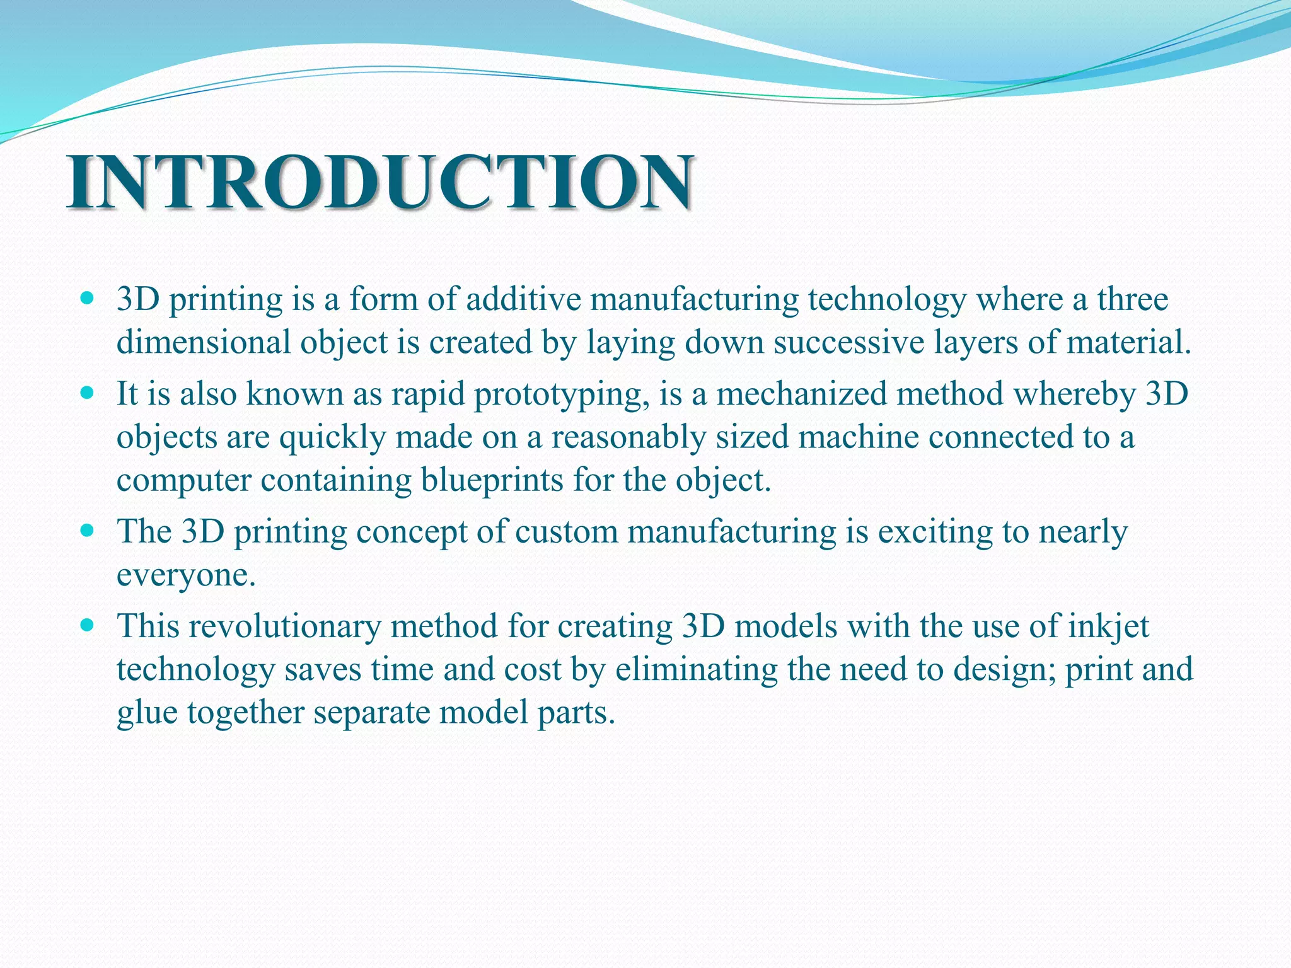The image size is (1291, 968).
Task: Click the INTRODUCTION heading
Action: pos(380,183)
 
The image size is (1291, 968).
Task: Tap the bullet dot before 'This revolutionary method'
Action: pos(88,626)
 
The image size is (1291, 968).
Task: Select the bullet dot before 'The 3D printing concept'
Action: pos(88,531)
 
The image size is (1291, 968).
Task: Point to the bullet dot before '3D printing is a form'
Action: pos(88,299)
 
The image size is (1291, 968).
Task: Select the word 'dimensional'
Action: pos(204,342)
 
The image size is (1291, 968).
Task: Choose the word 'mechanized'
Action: pos(801,393)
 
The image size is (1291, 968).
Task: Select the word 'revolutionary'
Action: pos(284,627)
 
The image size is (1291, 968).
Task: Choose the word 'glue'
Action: pos(147,714)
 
